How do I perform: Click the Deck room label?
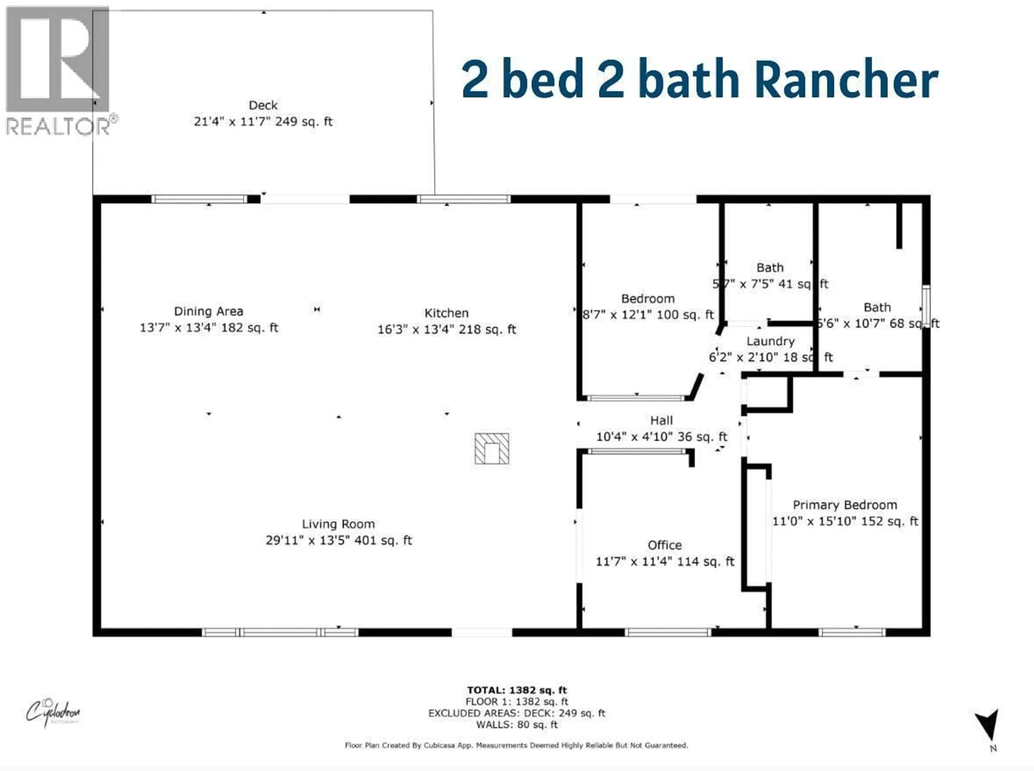tap(263, 105)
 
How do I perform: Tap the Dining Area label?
tap(208, 311)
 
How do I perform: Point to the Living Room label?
tap(338, 524)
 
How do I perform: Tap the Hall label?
tap(661, 420)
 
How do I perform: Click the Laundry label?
tap(770, 341)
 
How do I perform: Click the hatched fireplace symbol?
tap(492, 448)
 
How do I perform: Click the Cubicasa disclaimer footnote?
tap(516, 745)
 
